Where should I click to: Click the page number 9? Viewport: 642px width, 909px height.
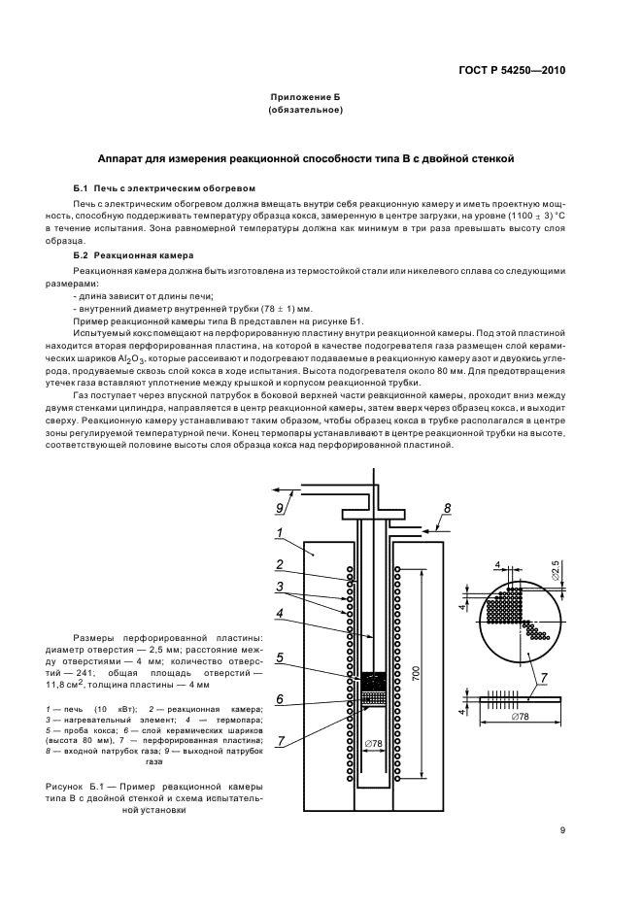click(563, 829)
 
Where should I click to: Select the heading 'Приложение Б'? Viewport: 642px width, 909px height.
click(305, 98)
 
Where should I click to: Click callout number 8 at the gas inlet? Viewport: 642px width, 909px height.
click(446, 508)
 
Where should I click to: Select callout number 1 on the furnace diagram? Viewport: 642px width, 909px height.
click(278, 533)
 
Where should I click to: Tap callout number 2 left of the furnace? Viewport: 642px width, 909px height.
click(279, 564)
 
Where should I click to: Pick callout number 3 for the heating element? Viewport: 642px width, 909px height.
click(279, 586)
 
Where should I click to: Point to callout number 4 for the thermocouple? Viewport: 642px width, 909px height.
click(279, 613)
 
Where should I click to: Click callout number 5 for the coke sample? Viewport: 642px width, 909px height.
click(279, 656)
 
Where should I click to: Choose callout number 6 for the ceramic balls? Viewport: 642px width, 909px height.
click(279, 698)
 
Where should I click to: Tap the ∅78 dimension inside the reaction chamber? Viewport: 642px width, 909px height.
click(374, 745)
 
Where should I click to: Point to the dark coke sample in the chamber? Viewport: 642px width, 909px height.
click(373, 681)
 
